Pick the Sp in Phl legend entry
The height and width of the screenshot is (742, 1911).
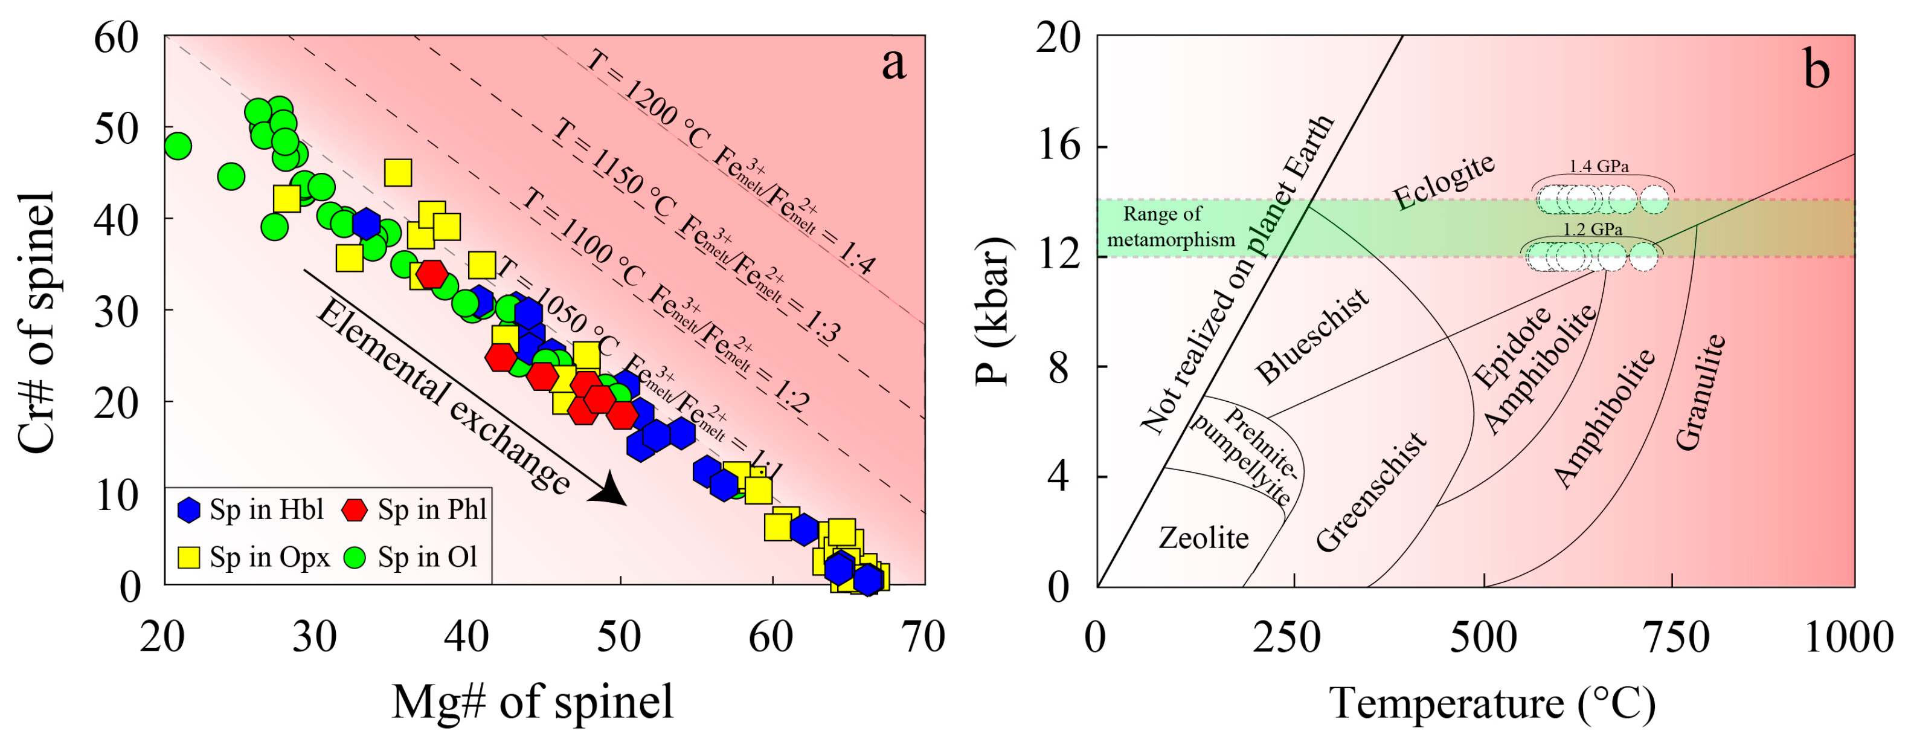click(x=416, y=510)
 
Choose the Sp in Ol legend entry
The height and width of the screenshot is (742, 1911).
click(x=413, y=557)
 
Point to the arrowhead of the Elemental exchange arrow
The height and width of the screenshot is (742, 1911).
click(x=611, y=491)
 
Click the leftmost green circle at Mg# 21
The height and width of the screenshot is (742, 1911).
click(x=178, y=146)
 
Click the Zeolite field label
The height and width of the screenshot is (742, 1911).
click(x=1203, y=538)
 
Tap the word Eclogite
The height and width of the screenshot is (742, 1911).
click(x=1443, y=182)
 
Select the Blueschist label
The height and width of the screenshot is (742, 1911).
click(x=1312, y=338)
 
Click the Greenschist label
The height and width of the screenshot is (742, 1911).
click(x=1371, y=492)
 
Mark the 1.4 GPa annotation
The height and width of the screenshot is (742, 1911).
click(x=1599, y=166)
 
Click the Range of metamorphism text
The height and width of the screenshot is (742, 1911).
click(x=1171, y=227)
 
